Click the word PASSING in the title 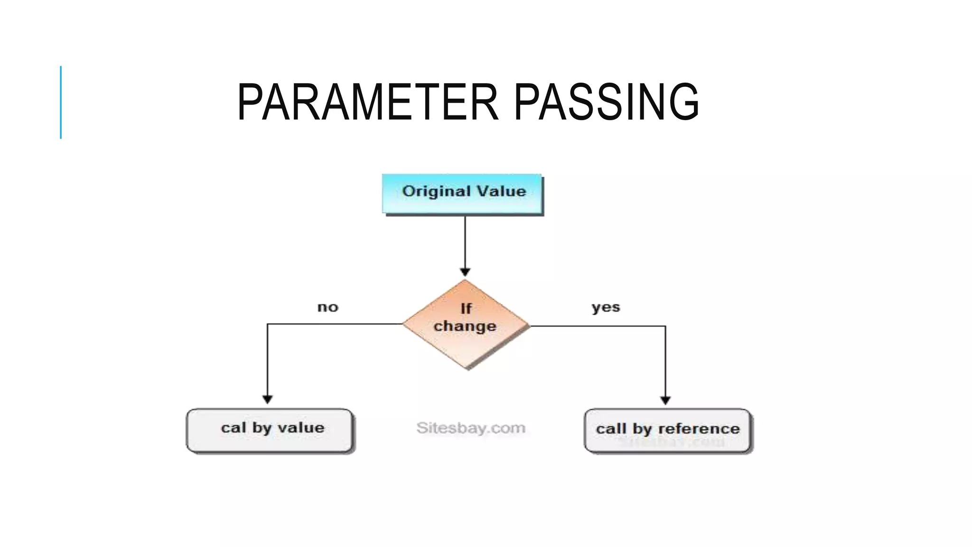(x=606, y=102)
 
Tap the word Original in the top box (x=436, y=191)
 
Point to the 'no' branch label (x=327, y=307)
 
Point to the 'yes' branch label (x=606, y=307)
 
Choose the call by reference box (x=667, y=430)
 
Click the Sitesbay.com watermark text (x=471, y=428)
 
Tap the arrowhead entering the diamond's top (x=465, y=272)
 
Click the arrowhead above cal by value (x=268, y=399)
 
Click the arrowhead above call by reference (x=665, y=400)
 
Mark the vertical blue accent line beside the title (x=61, y=102)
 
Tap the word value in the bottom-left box (x=301, y=428)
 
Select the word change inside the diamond (x=465, y=327)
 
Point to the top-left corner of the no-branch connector (x=268, y=324)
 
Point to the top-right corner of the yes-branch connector (x=665, y=326)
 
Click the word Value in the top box (x=502, y=191)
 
